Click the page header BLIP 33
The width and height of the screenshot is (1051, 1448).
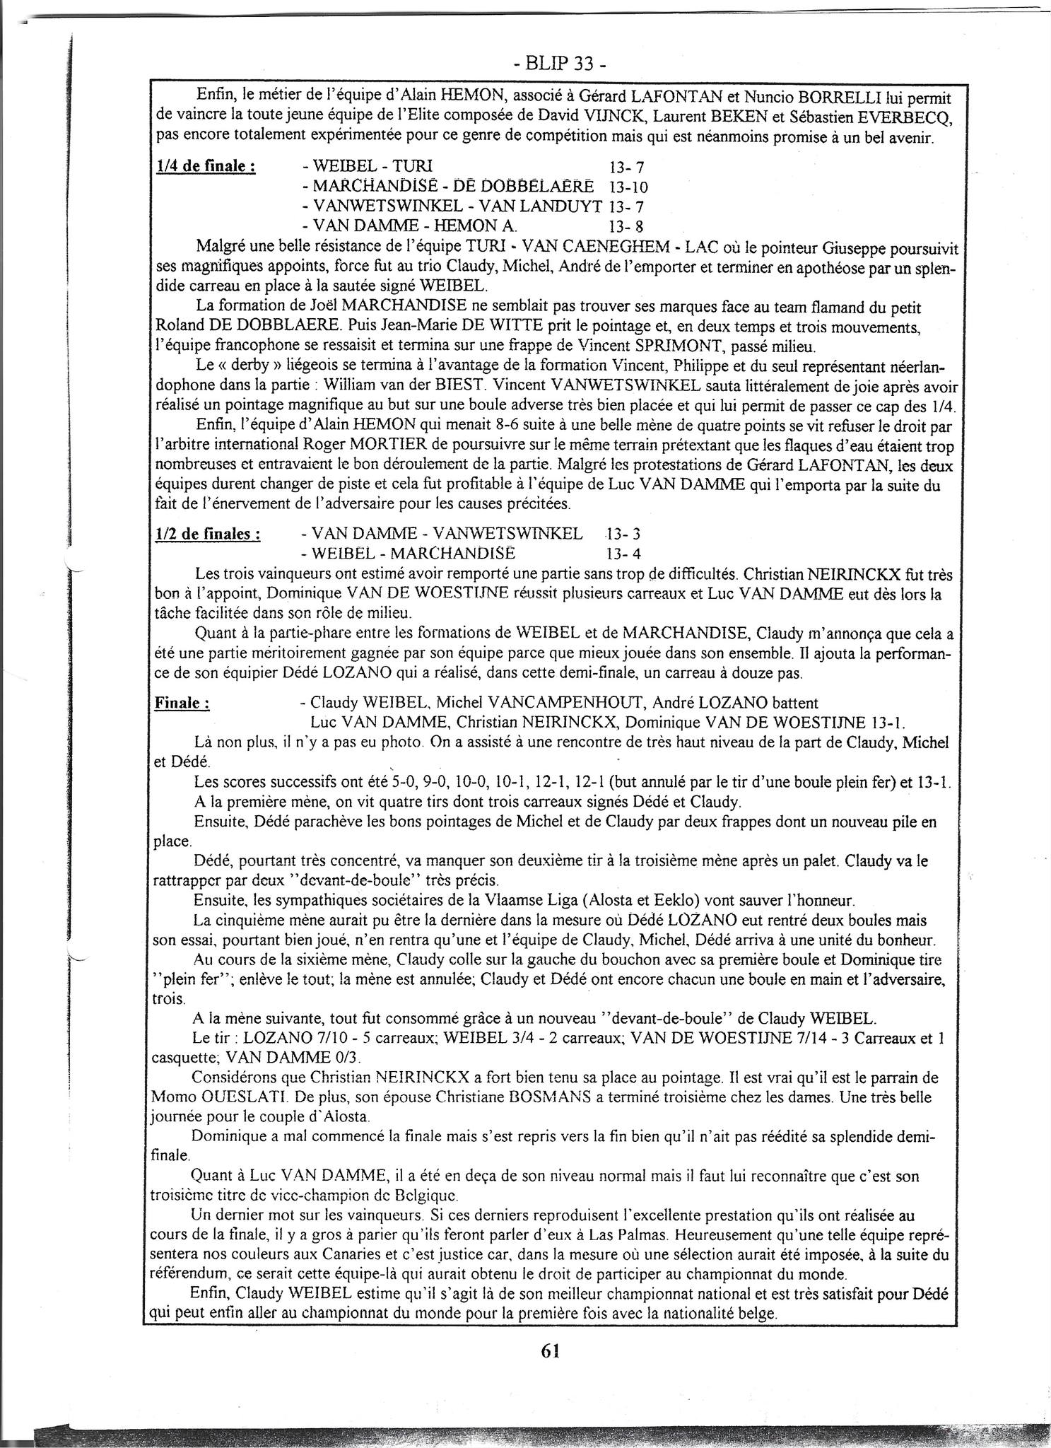click(558, 64)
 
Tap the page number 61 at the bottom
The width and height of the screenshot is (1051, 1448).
click(551, 1350)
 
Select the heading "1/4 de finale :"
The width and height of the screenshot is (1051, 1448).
click(205, 167)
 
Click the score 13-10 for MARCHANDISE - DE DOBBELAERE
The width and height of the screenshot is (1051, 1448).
click(628, 187)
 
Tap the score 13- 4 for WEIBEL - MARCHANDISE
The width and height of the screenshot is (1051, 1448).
click(624, 553)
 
